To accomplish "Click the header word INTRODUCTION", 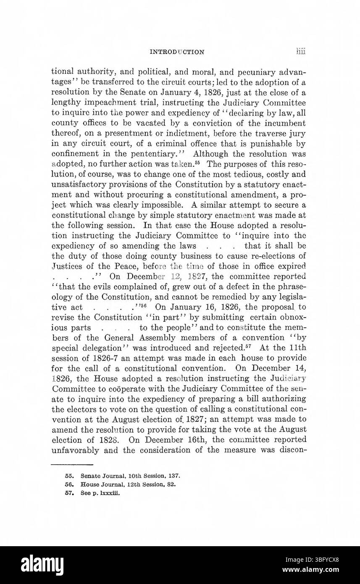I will (x=177, y=53).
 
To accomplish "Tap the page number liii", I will (x=300, y=52).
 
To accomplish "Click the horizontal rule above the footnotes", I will (x=72, y=464).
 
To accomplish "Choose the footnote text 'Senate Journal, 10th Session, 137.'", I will (x=131, y=476).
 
